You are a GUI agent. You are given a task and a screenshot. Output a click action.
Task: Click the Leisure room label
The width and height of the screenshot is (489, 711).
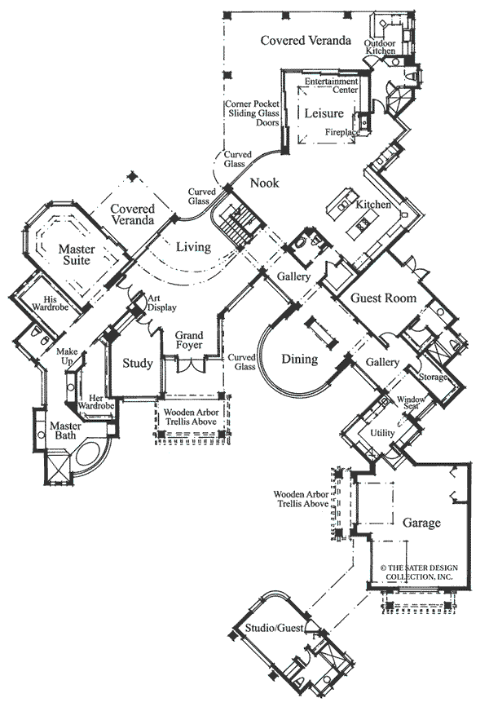click(x=324, y=113)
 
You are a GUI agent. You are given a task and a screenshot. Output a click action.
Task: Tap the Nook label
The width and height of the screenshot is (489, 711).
click(x=264, y=183)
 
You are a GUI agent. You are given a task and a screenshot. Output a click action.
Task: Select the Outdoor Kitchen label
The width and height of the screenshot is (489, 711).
click(x=380, y=46)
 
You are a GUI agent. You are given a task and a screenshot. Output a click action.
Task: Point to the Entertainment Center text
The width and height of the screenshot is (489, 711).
click(x=331, y=86)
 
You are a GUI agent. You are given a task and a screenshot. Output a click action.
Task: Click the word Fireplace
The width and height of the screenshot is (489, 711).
click(x=342, y=131)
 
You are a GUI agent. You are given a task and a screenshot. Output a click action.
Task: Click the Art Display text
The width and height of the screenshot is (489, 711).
click(x=158, y=303)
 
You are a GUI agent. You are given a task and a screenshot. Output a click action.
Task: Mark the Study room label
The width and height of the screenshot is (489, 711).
click(x=137, y=363)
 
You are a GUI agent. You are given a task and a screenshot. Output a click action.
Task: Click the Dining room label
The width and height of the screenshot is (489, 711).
click(x=299, y=359)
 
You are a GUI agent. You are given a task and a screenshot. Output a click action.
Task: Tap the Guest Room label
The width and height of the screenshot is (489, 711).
click(x=383, y=298)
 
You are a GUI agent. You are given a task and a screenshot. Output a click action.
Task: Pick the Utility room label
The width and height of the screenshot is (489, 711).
click(x=382, y=432)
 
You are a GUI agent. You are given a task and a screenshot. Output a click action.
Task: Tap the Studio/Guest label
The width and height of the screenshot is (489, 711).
click(x=275, y=627)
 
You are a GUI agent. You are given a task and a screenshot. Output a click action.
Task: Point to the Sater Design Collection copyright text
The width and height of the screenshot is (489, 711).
click(x=416, y=572)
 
